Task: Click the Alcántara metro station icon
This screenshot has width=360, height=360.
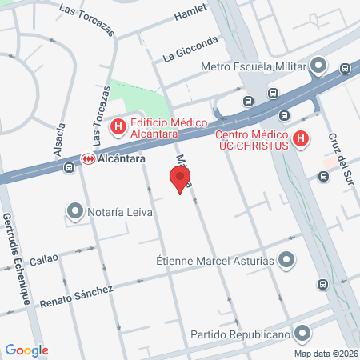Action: click(88, 159)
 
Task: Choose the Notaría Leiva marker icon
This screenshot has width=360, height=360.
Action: click(75, 211)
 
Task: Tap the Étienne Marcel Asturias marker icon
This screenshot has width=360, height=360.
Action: click(287, 260)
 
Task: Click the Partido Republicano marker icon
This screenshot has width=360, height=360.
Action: click(302, 332)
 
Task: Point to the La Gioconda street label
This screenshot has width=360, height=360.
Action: click(190, 49)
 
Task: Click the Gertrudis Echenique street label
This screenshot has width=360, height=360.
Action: click(17, 257)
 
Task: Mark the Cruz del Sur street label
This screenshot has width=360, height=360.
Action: click(341, 156)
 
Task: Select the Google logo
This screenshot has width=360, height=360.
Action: click(26, 350)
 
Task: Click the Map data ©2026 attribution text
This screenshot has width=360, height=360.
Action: click(325, 354)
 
